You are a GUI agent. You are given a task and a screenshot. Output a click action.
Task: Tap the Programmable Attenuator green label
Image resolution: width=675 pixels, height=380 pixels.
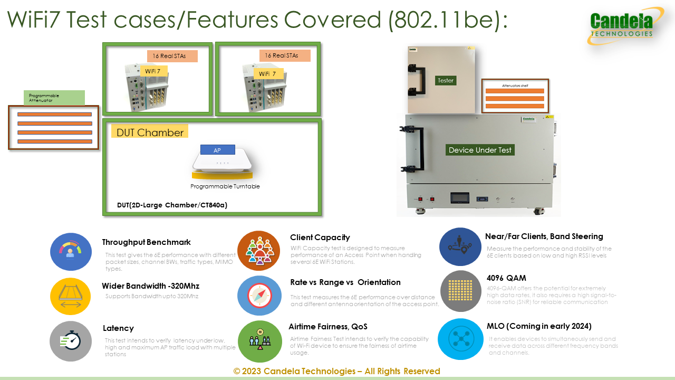(x=54, y=98)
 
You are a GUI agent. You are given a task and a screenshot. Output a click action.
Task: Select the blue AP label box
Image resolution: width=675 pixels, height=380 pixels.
(x=217, y=150)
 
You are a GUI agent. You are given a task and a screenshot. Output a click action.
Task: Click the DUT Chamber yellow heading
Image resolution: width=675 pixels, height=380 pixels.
(x=150, y=132)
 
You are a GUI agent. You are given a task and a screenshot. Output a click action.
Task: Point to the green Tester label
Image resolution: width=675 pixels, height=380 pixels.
(x=445, y=81)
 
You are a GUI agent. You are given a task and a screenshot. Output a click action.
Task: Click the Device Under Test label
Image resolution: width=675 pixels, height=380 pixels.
(x=480, y=150)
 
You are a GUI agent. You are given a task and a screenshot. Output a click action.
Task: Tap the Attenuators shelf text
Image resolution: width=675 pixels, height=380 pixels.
(x=514, y=84)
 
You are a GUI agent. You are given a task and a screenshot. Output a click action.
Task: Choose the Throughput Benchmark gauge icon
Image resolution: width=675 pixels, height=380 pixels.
(x=71, y=251)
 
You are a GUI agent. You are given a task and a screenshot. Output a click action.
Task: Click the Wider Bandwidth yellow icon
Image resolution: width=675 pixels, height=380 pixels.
(x=71, y=296)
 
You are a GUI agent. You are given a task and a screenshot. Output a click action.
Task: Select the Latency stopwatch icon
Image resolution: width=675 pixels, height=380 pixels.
(x=71, y=341)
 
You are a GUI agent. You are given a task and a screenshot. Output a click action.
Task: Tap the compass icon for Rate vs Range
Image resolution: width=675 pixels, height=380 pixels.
(x=259, y=296)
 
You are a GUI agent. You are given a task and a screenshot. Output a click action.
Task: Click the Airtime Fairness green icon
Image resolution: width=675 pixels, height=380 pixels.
(x=259, y=341)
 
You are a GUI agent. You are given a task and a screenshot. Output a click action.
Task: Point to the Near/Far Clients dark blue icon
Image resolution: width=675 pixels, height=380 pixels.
(x=460, y=246)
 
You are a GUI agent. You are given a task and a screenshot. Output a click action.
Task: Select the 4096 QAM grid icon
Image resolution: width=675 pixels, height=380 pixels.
(x=460, y=291)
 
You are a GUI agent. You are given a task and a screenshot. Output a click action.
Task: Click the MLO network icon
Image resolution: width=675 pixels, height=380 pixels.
(x=460, y=338)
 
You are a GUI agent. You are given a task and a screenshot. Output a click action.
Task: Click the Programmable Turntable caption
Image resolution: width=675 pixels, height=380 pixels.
(x=225, y=186)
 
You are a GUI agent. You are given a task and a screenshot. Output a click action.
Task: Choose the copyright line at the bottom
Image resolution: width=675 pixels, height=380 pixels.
(x=337, y=371)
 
